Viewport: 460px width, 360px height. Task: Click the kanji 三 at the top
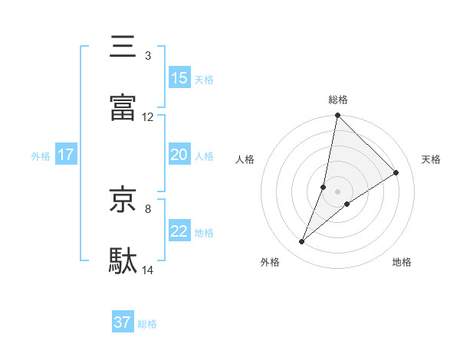123,47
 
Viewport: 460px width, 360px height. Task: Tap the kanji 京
123,200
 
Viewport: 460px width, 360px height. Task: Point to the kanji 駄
123,261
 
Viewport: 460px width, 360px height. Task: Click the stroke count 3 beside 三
148,56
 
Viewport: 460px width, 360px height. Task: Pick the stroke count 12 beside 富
148,117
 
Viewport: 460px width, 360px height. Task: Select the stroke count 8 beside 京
148,208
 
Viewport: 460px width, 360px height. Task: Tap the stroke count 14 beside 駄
148,270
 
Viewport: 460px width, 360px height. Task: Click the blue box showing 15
179,78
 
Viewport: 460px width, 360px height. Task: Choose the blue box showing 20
179,155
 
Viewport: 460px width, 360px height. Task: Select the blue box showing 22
179,231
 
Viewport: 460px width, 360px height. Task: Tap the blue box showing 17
66,155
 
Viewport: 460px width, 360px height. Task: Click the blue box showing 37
123,323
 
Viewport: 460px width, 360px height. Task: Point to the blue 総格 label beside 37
147,324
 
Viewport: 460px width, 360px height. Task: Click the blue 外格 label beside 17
41,155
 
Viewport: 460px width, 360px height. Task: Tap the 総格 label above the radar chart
338,100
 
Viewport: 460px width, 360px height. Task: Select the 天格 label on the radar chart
431,159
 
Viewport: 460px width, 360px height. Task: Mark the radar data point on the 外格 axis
302,242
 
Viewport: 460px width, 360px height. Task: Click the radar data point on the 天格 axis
396,172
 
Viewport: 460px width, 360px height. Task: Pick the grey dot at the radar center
338,191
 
